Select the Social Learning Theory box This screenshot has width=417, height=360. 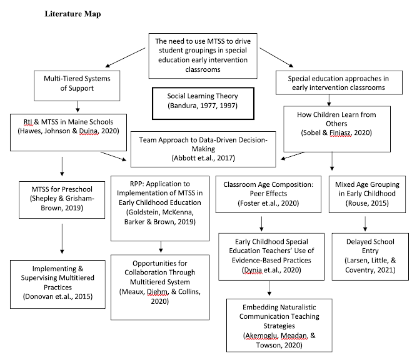203,102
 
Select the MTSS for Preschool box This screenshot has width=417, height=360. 59,199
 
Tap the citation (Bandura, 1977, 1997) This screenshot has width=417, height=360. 203,108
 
